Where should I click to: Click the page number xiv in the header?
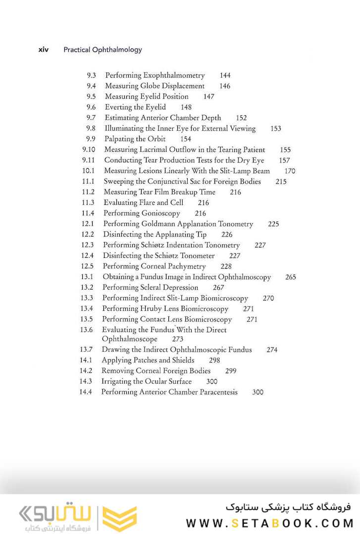44,50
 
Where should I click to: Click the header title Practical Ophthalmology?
103,50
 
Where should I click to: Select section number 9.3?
91,76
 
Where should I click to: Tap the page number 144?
225,76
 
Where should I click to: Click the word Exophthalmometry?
174,76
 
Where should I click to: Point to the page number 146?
225,86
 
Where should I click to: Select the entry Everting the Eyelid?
135,107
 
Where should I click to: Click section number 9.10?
89,149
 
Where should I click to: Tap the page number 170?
290,171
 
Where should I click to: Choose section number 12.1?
88,224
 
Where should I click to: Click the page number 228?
226,266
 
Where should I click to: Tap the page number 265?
291,277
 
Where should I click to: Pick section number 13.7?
86,349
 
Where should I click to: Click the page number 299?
231,371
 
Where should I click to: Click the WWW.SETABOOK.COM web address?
269,523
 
